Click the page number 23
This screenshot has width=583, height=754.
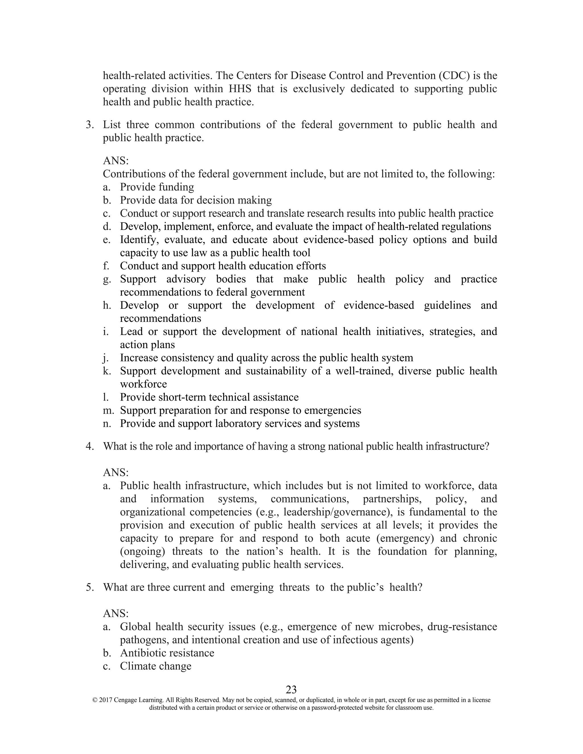291,689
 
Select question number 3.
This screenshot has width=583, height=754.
89,125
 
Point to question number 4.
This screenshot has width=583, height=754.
89,446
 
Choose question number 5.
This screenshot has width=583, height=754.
89,587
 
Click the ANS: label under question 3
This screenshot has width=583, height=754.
116,160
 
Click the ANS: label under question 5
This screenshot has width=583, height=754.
116,613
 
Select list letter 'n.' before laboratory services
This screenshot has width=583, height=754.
107,423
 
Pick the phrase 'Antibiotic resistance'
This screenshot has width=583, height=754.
167,653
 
